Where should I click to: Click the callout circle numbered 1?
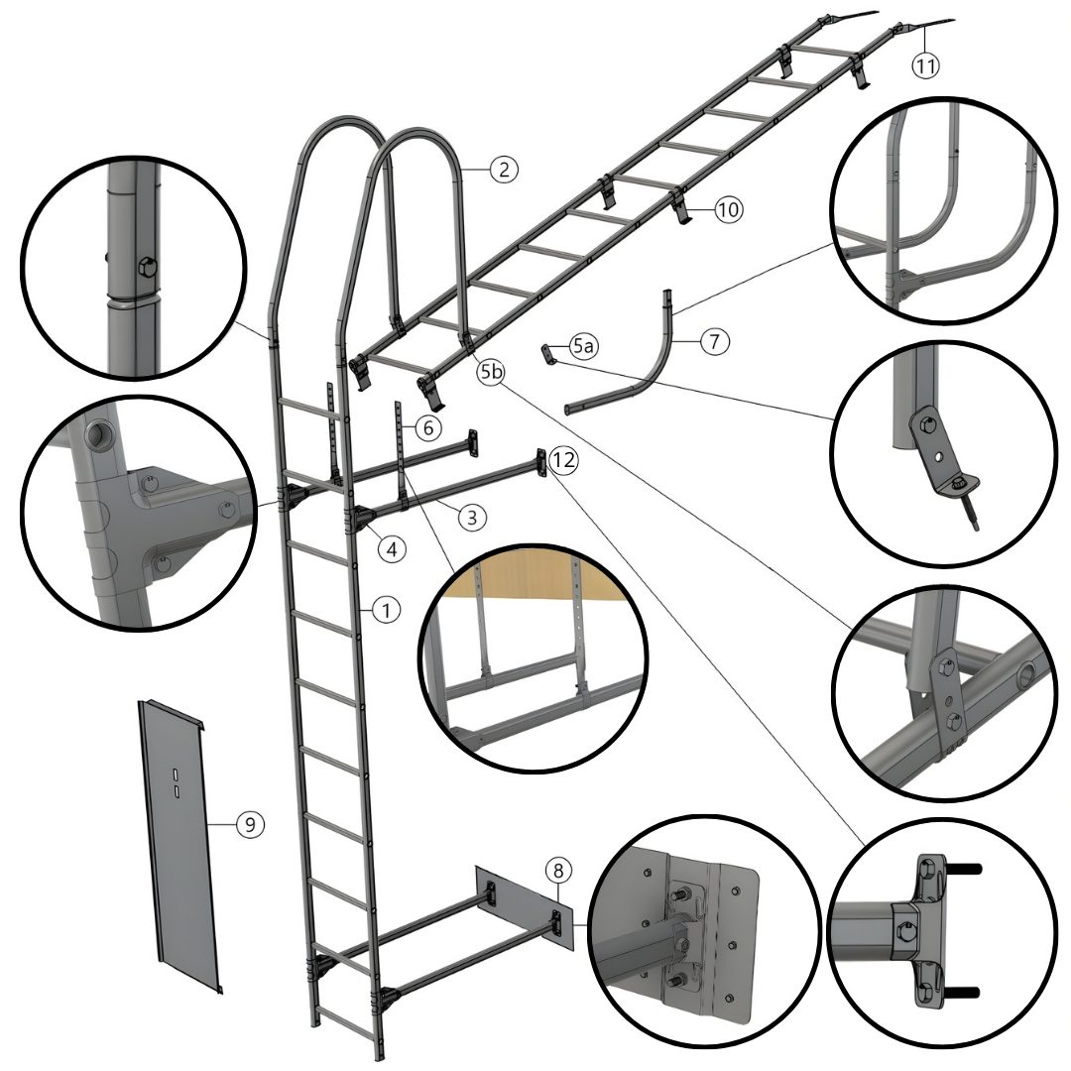[387, 609]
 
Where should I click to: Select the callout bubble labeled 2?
[504, 169]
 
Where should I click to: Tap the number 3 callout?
[472, 517]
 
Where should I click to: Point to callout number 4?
[392, 548]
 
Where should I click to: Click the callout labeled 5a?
[583, 346]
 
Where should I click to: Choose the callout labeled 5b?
[491, 372]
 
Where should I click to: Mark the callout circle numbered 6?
[428, 427]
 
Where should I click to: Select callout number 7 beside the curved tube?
[714, 340]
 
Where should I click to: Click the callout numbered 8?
[558, 871]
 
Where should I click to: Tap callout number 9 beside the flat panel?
[250, 825]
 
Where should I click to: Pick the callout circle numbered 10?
[728, 209]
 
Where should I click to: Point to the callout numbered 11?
[925, 65]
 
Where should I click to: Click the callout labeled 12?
[563, 460]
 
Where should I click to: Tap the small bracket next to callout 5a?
[548, 354]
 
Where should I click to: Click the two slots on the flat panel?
[175, 782]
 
